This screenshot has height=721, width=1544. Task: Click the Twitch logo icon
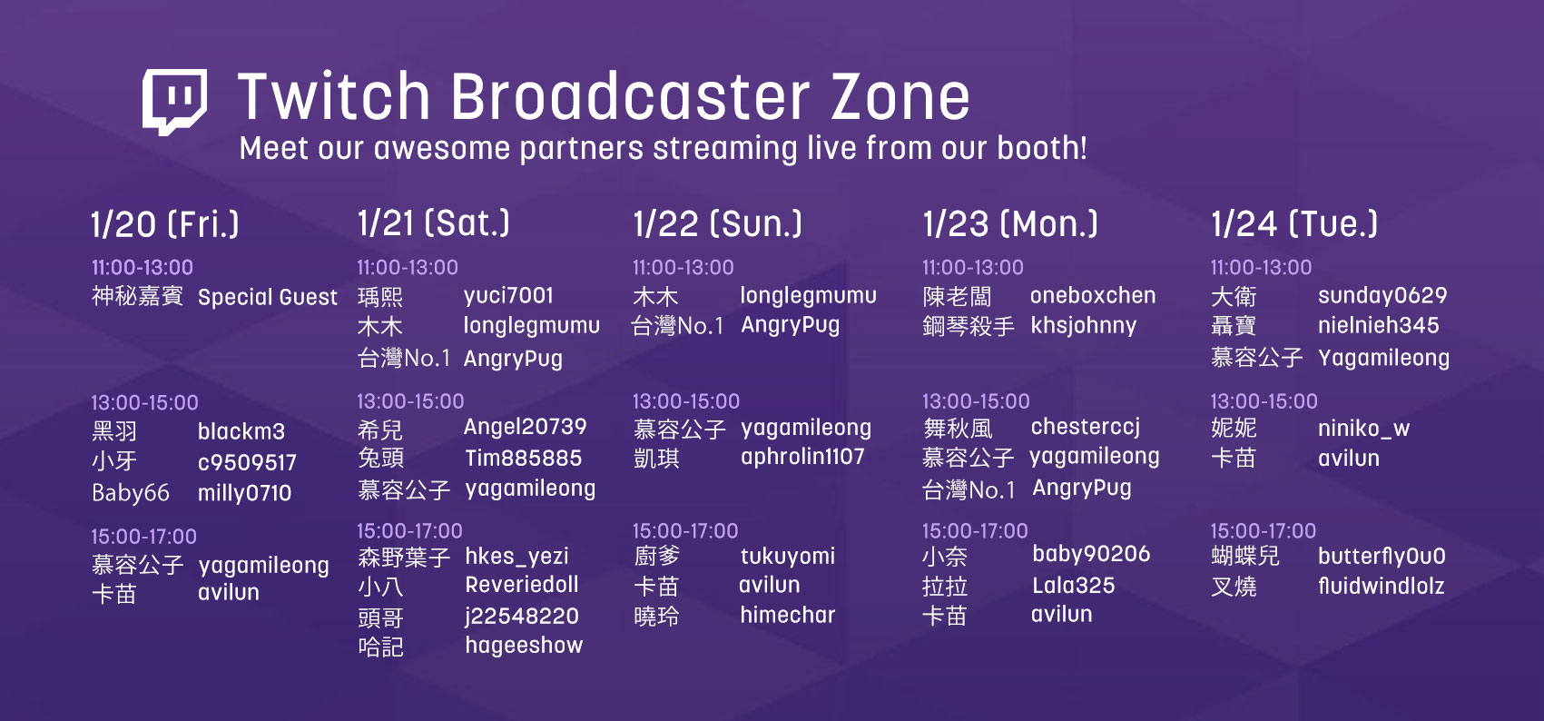pyautogui.click(x=174, y=101)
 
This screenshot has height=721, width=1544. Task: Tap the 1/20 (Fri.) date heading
pyautogui.click(x=165, y=224)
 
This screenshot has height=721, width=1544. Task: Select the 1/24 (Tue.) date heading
pyautogui.click(x=1294, y=224)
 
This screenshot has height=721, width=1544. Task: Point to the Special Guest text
pyautogui.click(x=268, y=297)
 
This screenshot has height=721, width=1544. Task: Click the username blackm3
pyautogui.click(x=241, y=431)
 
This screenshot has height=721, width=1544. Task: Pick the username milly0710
pyautogui.click(x=245, y=493)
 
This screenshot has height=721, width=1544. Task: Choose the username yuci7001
pyautogui.click(x=508, y=296)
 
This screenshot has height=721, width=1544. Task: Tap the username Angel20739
pyautogui.click(x=526, y=428)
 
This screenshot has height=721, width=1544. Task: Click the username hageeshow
pyautogui.click(x=524, y=646)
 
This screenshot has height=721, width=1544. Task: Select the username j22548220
pyautogui.click(x=522, y=617)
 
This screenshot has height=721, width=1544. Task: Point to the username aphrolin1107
pyautogui.click(x=802, y=457)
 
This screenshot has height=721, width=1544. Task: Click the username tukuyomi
pyautogui.click(x=787, y=557)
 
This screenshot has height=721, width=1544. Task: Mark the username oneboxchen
pyautogui.click(x=1093, y=296)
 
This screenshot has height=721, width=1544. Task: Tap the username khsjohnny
pyautogui.click(x=1083, y=325)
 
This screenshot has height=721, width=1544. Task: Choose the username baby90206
pyautogui.click(x=1091, y=554)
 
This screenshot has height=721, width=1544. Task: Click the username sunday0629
pyautogui.click(x=1382, y=296)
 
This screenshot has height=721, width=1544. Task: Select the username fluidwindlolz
pyautogui.click(x=1381, y=586)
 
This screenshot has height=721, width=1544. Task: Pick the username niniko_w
pyautogui.click(x=1363, y=430)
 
